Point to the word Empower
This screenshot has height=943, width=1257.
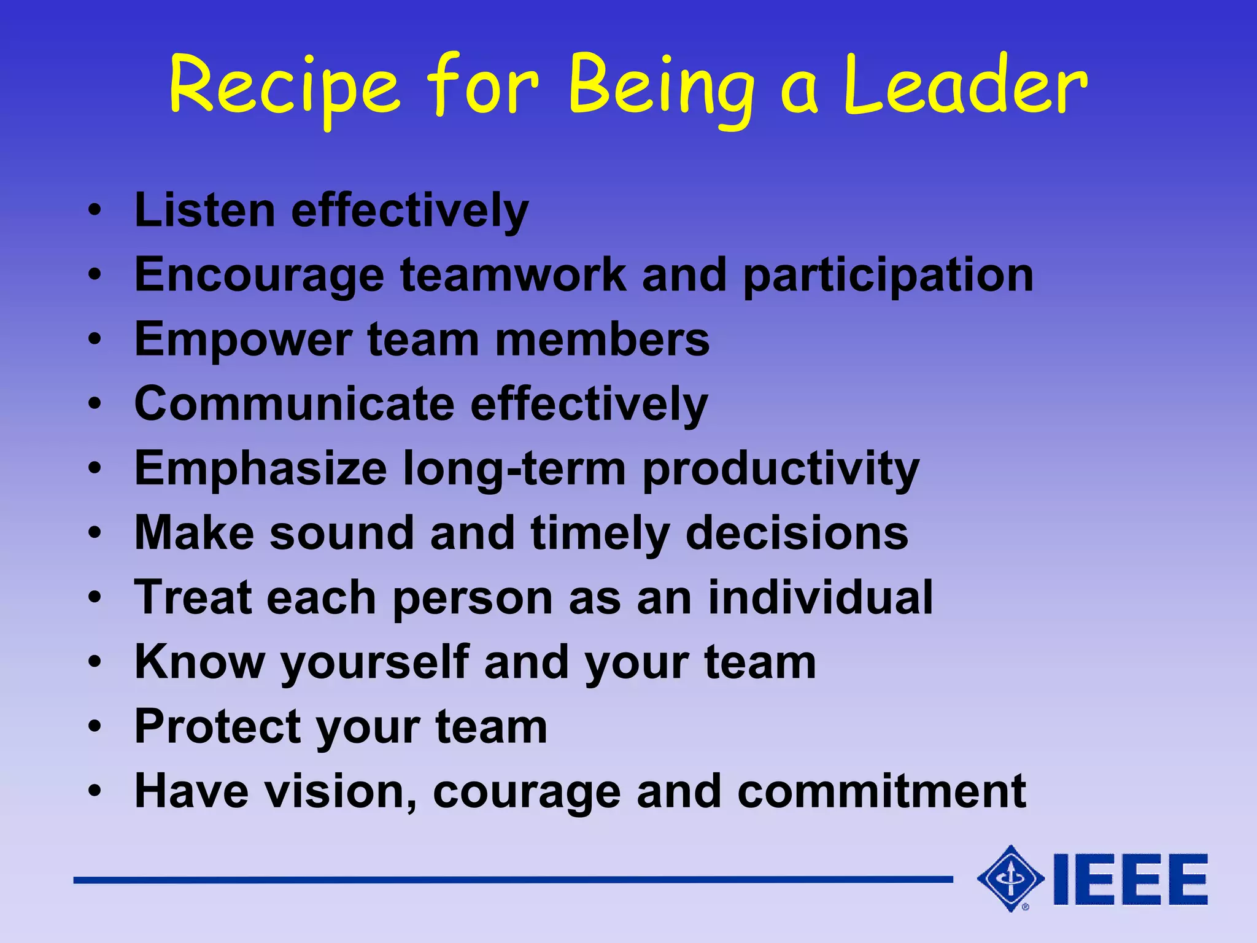pyautogui.click(x=243, y=340)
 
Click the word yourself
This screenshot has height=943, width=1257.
pyautogui.click(x=375, y=663)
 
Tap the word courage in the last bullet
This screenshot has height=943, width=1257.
pyautogui.click(x=527, y=793)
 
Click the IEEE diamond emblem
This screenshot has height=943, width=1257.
pyautogui.click(x=1010, y=879)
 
